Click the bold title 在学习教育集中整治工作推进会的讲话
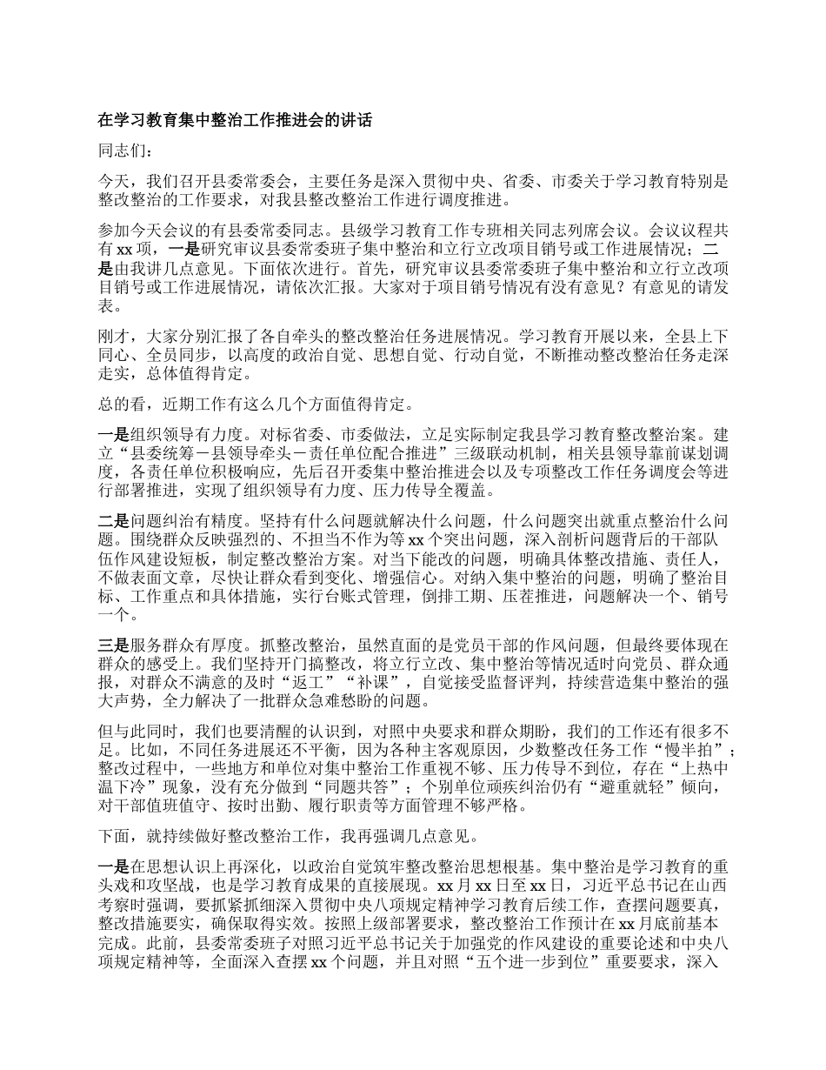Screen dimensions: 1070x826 tap(235, 121)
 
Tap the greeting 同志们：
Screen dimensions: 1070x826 tap(126, 151)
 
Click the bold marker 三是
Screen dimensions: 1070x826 tap(114, 645)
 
